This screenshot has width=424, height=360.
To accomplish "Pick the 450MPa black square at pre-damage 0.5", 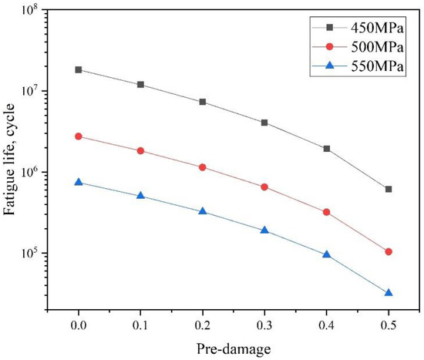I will pos(389,189).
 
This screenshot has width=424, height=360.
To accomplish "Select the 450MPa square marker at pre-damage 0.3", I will pos(264,123).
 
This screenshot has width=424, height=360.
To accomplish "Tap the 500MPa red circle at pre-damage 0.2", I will pos(203,167).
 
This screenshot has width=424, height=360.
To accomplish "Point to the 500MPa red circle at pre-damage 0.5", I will pos(389,252).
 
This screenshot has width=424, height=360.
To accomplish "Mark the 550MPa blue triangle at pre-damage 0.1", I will pos(140,196).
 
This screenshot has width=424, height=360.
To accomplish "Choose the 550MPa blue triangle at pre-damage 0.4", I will pos(327,254).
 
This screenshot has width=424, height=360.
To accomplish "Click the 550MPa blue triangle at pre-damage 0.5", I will pos(389,293).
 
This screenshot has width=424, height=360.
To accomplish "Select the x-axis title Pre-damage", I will pos(233,349).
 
